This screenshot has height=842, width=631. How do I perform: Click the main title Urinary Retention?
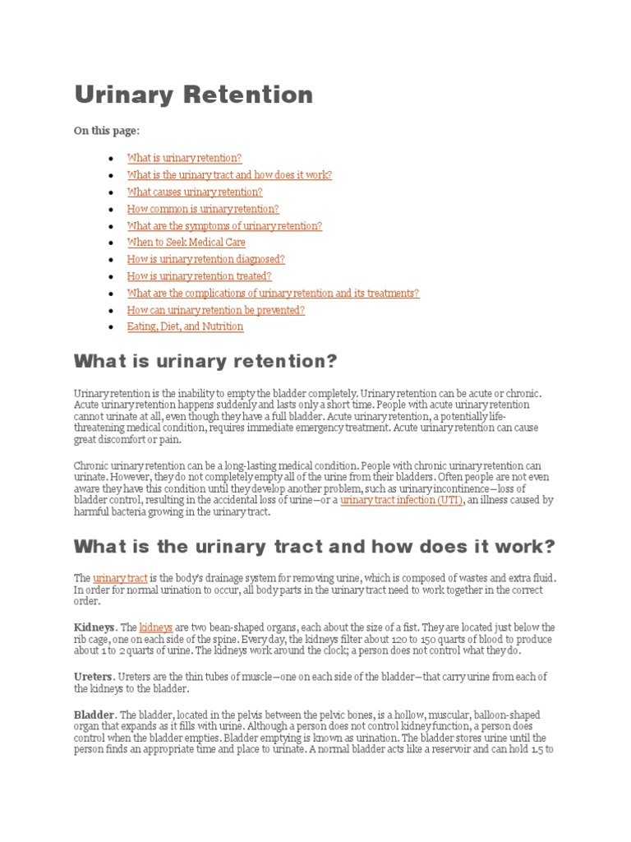(194, 95)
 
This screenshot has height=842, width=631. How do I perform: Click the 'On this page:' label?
(107, 131)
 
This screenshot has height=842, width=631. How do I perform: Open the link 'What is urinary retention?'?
(184, 158)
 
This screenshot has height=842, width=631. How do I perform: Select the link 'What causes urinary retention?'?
(195, 192)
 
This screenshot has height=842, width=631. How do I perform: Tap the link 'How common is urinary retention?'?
(203, 209)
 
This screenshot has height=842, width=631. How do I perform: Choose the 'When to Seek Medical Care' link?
(186, 243)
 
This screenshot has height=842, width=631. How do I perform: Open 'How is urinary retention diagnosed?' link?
(205, 259)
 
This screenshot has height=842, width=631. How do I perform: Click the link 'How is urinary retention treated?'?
(199, 276)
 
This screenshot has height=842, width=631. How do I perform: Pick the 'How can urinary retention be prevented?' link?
(216, 310)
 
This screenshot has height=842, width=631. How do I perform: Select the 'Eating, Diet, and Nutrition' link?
(185, 326)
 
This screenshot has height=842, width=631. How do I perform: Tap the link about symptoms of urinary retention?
(224, 225)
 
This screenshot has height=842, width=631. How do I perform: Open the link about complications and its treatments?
(273, 293)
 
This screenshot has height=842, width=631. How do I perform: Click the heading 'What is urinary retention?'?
(205, 362)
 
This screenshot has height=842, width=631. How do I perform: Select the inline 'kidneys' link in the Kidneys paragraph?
(156, 627)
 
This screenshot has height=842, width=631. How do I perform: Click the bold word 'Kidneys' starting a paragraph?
(94, 627)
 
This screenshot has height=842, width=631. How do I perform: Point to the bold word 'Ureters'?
(93, 676)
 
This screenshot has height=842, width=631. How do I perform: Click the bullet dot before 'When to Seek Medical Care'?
(111, 243)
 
